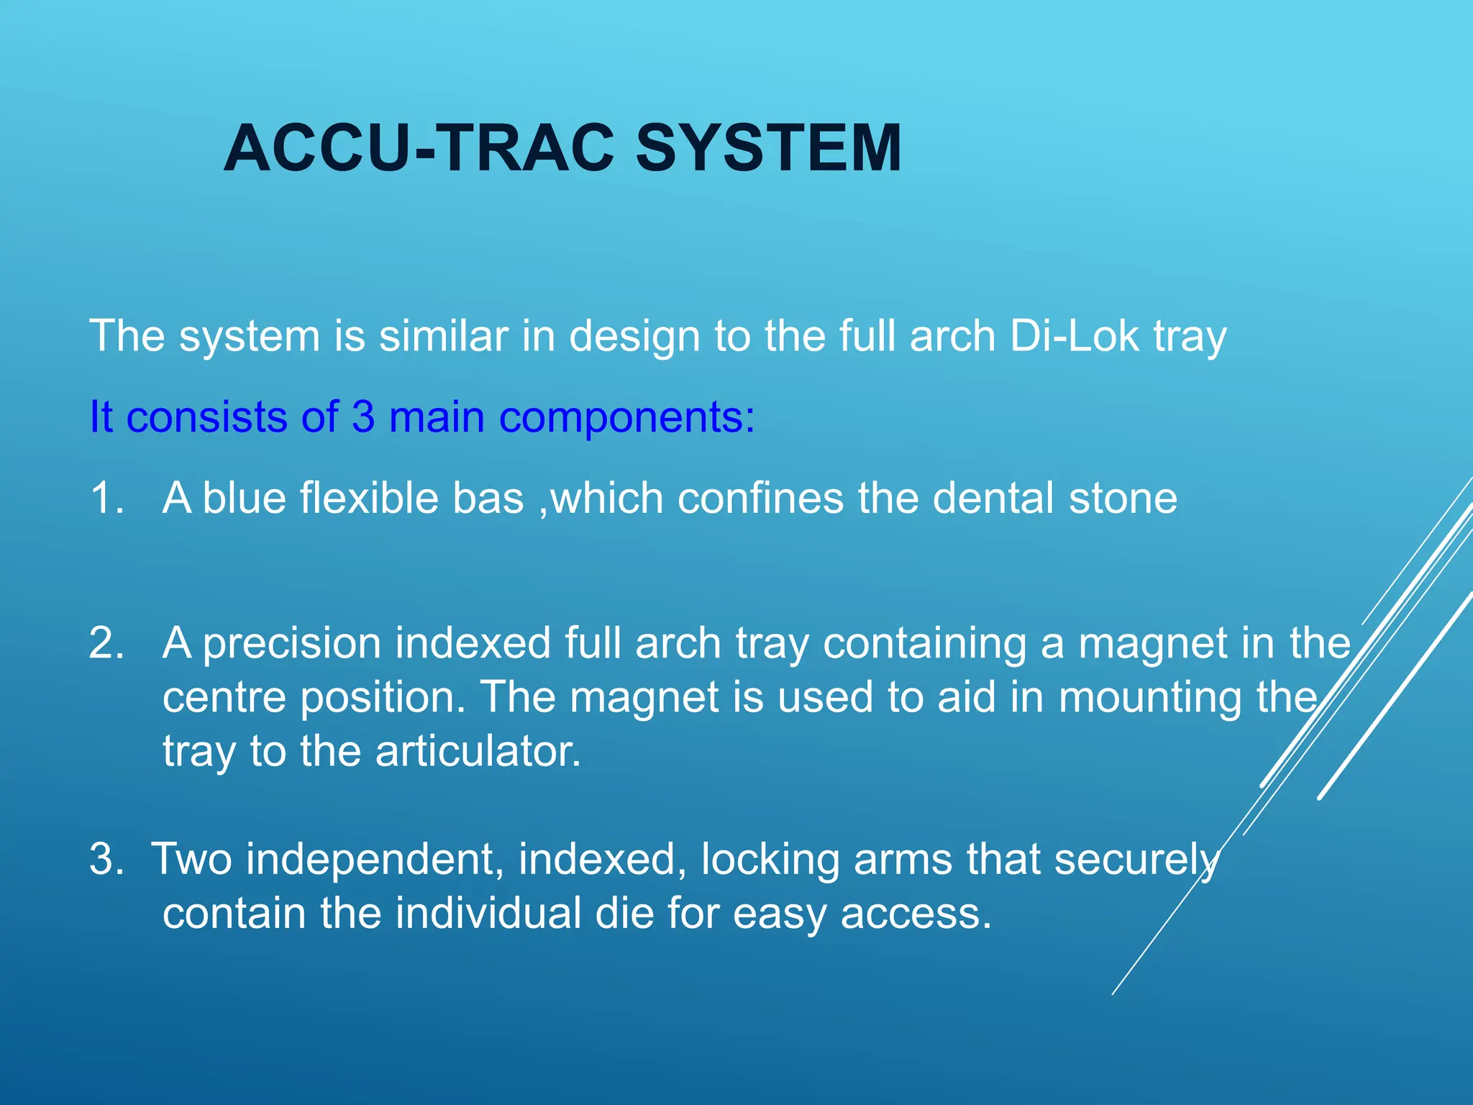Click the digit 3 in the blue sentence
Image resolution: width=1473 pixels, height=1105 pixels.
click(363, 417)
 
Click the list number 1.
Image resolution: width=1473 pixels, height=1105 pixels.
click(106, 498)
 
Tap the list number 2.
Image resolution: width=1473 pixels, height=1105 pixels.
click(106, 642)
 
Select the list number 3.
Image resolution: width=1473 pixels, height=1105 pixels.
click(106, 859)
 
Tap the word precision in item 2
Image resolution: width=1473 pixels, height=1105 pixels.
click(291, 644)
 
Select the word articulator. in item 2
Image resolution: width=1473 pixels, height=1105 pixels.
click(478, 752)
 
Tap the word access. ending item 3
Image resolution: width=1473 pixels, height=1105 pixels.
click(916, 914)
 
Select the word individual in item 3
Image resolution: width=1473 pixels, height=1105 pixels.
click(488, 914)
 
